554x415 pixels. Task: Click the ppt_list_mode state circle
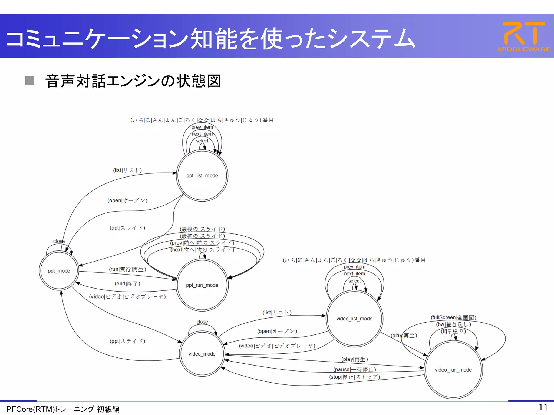tap(202, 176)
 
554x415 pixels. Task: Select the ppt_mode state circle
tap(59, 271)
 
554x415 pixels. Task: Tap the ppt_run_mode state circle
tap(202, 285)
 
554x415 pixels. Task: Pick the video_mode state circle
tap(202, 354)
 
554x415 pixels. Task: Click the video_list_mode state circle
tap(354, 319)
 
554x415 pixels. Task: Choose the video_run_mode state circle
tap(453, 370)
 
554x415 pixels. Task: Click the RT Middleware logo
tap(524, 36)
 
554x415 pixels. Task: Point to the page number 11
tap(543, 407)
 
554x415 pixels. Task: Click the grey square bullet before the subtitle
tap(30, 81)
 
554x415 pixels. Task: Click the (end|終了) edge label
tap(127, 283)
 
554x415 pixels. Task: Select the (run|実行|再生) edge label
tap(127, 269)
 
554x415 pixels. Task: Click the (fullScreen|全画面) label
tap(453, 317)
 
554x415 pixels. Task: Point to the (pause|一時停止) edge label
tap(354, 369)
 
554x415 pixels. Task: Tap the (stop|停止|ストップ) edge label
tap(354, 377)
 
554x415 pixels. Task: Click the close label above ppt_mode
tap(59, 241)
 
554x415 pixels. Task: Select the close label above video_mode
tap(202, 322)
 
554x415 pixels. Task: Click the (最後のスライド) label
tap(202, 229)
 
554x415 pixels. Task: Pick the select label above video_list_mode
tap(354, 281)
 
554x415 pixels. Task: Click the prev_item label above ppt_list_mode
tap(202, 127)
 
